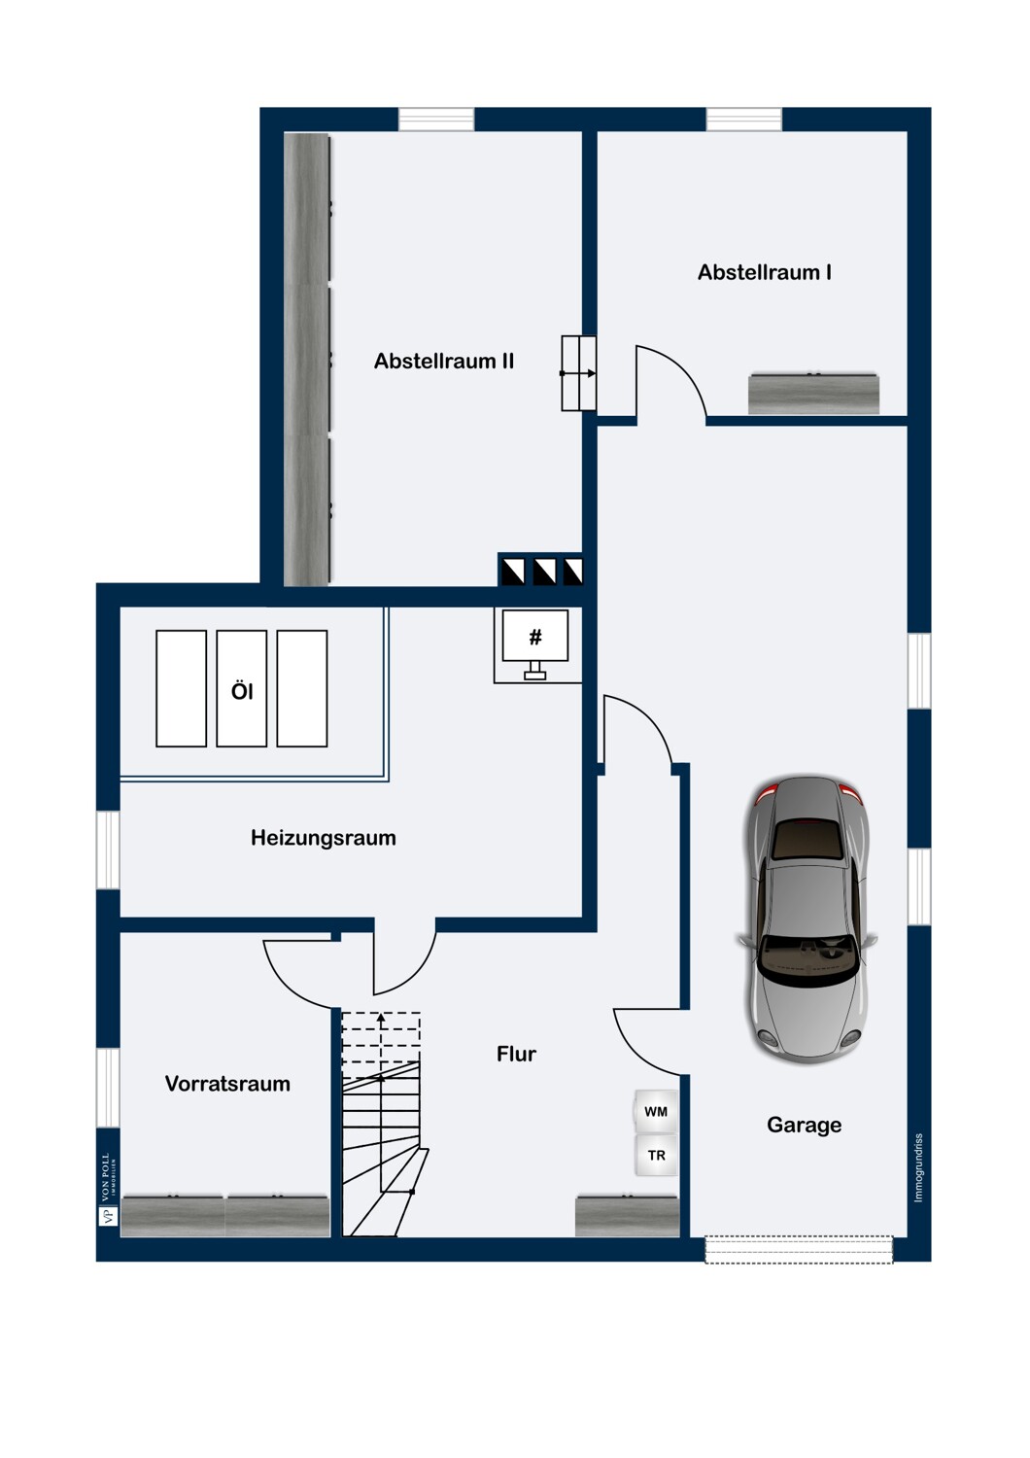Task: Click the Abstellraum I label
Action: click(x=764, y=272)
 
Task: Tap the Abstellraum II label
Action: click(x=443, y=362)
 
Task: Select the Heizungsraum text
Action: click(x=323, y=838)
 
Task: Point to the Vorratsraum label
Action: click(x=227, y=1084)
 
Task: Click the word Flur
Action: click(x=516, y=1054)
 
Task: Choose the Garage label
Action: click(x=804, y=1125)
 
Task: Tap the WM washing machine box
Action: click(x=656, y=1112)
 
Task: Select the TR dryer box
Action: click(x=656, y=1156)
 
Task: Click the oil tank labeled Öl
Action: click(x=242, y=689)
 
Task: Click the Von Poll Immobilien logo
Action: click(x=108, y=1191)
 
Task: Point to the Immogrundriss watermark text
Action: click(x=918, y=1167)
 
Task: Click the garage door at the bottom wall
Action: click(x=798, y=1249)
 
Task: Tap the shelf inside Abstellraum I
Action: click(x=813, y=394)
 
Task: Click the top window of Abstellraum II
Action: click(x=436, y=119)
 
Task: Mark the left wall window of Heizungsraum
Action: click(x=108, y=850)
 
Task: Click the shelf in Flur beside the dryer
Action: click(x=627, y=1216)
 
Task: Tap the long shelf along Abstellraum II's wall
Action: click(x=307, y=360)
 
